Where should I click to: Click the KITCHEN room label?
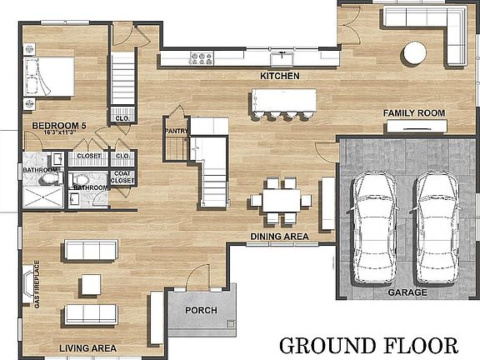click(280, 76)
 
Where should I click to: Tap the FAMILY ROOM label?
click(414, 113)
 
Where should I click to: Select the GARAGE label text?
click(407, 292)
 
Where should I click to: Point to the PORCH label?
click(201, 310)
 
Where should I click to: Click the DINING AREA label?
click(279, 237)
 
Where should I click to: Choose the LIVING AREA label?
click(87, 348)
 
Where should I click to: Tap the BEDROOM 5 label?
click(59, 126)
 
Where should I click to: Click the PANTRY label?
click(177, 131)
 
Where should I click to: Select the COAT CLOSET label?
click(122, 177)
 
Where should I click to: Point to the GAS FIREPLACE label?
click(37, 284)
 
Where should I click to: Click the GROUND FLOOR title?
click(368, 346)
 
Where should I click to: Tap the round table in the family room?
click(415, 52)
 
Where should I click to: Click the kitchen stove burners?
click(202, 58)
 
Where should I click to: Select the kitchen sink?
click(282, 59)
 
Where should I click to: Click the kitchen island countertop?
click(284, 100)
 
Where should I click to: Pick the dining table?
click(282, 201)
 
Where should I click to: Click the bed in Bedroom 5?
click(49, 77)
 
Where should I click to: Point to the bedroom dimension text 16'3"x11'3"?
click(60, 132)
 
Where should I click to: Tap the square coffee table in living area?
click(91, 285)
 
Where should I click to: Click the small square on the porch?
click(231, 323)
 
